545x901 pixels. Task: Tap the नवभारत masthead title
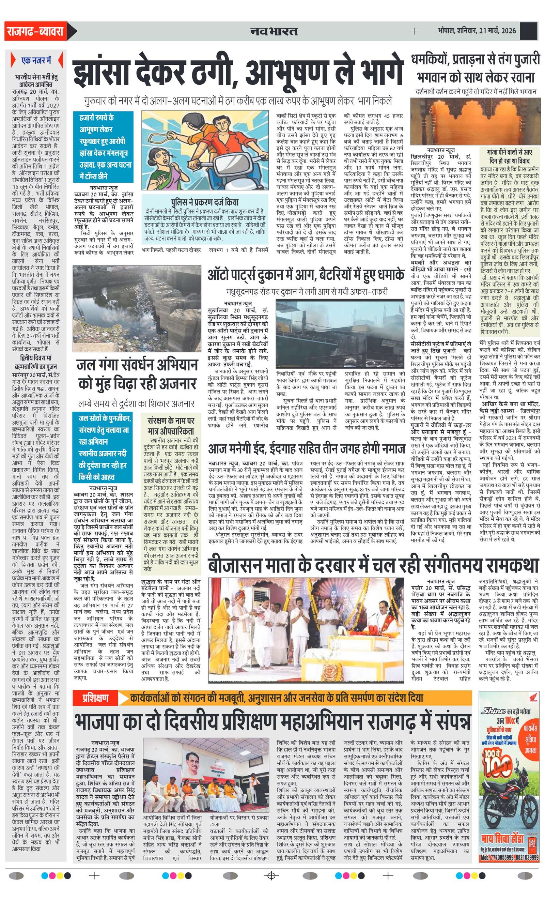coord(274,31)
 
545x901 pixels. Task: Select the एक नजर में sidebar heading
coord(36,61)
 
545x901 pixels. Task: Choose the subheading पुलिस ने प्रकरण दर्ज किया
coord(204,202)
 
